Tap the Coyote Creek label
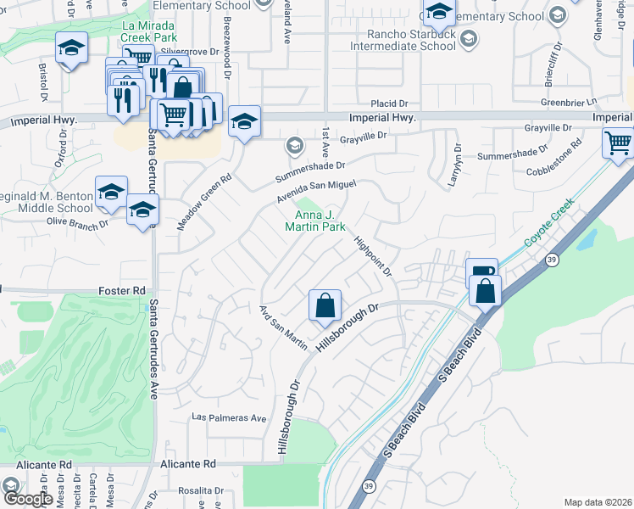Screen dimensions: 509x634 (x=548, y=223)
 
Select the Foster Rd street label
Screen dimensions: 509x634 (x=120, y=290)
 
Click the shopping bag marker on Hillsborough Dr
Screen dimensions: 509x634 (x=325, y=306)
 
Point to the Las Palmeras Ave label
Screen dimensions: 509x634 (x=229, y=418)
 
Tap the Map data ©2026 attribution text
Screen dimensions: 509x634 (x=597, y=502)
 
